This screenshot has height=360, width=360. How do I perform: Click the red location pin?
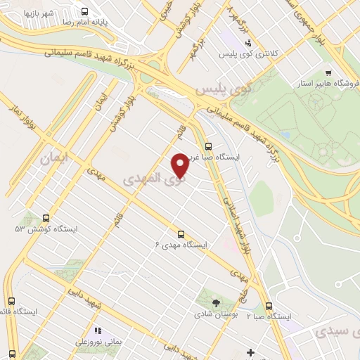(x=180, y=165)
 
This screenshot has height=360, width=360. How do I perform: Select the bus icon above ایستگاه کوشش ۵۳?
(x=46, y=218)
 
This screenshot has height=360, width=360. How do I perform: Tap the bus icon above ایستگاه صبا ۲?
(x=269, y=305)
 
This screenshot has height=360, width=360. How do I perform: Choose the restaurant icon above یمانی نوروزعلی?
(x=98, y=329)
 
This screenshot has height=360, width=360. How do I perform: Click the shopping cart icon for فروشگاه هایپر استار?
(x=328, y=73)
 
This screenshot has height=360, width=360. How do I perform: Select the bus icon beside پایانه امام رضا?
(x=85, y=11)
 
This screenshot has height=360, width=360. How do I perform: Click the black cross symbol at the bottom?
(x=250, y=352)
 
